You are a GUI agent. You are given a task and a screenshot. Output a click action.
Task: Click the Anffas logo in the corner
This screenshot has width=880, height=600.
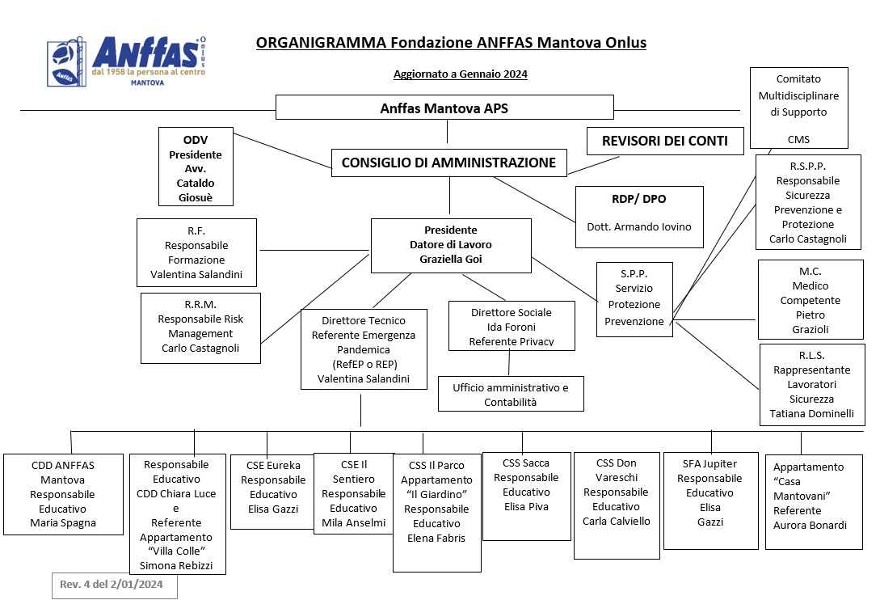tap(127, 61)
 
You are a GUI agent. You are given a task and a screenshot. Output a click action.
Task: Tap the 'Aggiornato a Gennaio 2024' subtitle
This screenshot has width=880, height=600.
tap(461, 74)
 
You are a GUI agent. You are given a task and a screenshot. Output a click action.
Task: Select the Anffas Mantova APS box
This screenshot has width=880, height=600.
tap(444, 108)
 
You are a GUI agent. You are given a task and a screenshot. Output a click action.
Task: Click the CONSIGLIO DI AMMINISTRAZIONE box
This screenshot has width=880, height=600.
tap(449, 163)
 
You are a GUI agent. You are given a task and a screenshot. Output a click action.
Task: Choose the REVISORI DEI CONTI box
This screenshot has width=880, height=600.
tap(665, 141)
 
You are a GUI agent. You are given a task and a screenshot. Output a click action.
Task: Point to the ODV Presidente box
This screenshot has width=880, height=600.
tap(196, 167)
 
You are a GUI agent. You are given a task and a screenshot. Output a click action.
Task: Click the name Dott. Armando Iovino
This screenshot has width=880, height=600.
tap(639, 227)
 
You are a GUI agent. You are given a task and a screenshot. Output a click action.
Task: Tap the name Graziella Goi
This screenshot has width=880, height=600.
tap(451, 259)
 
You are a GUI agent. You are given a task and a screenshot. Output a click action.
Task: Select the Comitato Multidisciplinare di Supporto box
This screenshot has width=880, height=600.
tap(798, 108)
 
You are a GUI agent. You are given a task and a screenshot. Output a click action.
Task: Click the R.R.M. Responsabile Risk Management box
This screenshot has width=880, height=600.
tap(200, 328)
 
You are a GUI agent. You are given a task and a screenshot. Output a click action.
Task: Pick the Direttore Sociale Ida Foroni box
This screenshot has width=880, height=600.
tap(512, 326)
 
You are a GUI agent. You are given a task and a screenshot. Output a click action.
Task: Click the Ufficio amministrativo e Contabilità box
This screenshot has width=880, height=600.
tap(511, 394)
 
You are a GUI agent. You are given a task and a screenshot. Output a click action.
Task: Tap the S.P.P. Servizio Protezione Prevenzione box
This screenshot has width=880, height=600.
tap(634, 299)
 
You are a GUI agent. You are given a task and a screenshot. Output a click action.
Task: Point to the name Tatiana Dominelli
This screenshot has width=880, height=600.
tap(812, 413)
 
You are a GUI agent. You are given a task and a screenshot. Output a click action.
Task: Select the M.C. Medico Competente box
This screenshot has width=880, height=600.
tap(811, 299)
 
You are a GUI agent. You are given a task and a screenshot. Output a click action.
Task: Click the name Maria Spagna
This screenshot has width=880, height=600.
tap(63, 523)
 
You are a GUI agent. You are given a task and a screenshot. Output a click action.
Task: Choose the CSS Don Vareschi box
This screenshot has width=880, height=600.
tap(617, 505)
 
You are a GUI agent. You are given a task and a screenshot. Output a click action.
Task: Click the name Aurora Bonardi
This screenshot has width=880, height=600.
tap(810, 526)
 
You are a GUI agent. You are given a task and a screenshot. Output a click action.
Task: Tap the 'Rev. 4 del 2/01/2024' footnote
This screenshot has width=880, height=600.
tap(112, 585)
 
